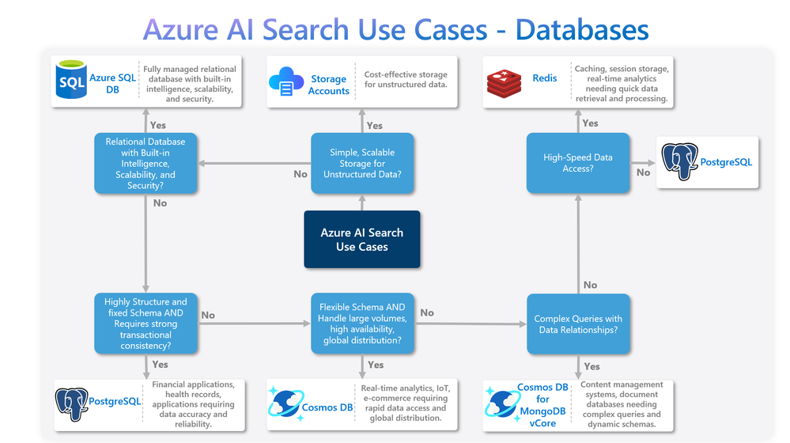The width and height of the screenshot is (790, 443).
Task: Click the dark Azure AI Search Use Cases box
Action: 361,240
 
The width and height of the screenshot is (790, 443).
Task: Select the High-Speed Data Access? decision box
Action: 577,163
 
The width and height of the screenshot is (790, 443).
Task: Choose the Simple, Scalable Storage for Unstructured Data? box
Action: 361,163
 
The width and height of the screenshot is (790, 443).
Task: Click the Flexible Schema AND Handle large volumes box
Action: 361,324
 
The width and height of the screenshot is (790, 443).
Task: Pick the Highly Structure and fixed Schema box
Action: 146,324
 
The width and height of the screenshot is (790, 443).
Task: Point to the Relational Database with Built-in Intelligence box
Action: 146,164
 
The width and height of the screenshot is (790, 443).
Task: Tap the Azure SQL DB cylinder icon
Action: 71,81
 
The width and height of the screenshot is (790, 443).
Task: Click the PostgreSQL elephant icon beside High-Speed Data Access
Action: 679,161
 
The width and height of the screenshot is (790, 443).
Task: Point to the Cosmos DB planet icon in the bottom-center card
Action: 284,403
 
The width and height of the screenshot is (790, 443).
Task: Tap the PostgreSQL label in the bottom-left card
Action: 115,401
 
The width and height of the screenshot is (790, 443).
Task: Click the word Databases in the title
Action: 582,30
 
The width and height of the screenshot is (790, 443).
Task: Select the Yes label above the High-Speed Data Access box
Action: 590,123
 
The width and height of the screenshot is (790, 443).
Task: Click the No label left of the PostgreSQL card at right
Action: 643,172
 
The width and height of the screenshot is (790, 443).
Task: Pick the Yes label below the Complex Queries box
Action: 592,366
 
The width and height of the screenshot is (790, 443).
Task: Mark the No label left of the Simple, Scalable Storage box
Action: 301,174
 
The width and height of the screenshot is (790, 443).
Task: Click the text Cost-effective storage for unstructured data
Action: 406,80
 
